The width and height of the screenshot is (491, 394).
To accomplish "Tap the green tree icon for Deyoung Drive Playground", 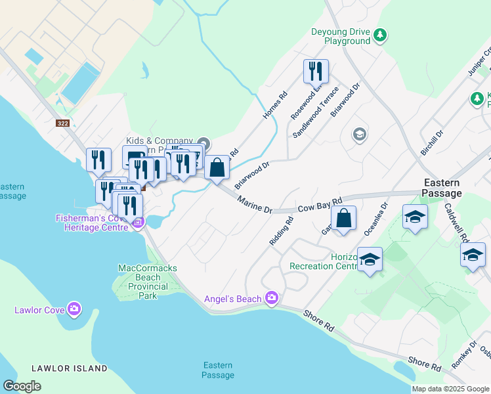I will [x=379, y=34].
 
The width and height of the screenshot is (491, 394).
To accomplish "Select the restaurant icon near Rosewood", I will [x=316, y=71].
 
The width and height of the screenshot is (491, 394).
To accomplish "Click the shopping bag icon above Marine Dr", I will [x=217, y=168].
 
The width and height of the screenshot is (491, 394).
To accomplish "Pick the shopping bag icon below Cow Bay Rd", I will [x=343, y=219].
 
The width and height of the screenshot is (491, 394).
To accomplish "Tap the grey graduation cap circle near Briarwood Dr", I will [x=359, y=135].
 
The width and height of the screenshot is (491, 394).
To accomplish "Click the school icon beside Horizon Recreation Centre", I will [x=370, y=260].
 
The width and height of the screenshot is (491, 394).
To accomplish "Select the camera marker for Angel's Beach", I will [x=271, y=299].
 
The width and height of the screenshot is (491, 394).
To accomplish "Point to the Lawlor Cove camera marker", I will [x=74, y=309].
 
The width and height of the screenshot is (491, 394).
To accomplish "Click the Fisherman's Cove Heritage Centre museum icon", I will [x=138, y=223].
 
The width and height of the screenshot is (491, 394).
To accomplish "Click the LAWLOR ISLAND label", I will [x=68, y=368].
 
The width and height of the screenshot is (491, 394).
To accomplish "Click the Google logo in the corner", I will [x=22, y=385].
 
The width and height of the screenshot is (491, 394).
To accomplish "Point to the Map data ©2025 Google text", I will [x=450, y=389].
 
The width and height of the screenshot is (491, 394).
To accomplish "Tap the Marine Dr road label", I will [x=255, y=205].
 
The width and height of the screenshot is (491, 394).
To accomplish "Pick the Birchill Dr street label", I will [x=431, y=141].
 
